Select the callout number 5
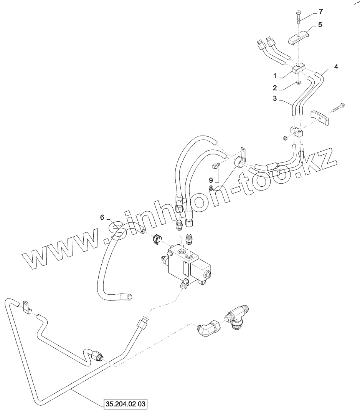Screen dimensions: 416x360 pos(320,25)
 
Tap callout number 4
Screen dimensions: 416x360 pos(336,67)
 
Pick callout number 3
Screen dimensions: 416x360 pos(275,99)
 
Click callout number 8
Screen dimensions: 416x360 pos(211,187)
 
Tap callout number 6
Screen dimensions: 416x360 pos(102,217)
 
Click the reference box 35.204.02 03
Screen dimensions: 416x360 pos(126,404)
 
